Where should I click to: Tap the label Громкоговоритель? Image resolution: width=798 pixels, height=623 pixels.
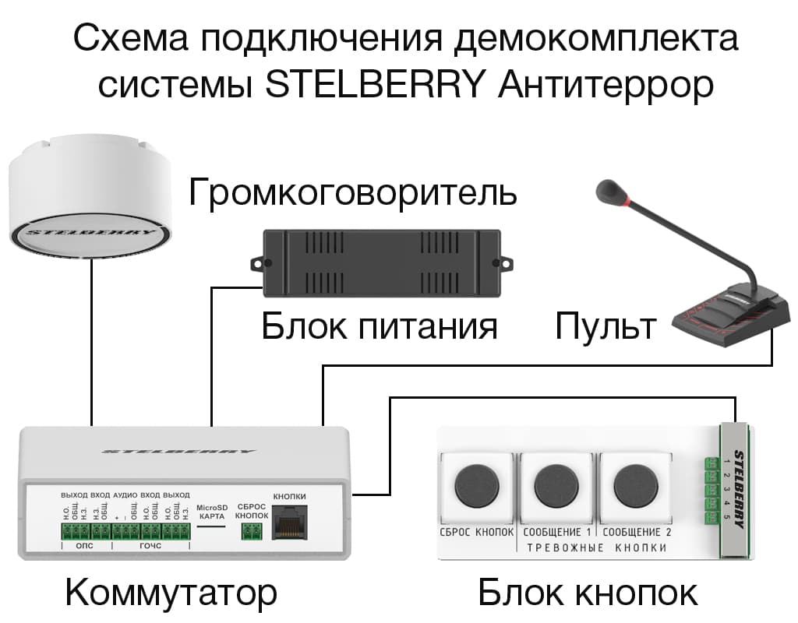352,192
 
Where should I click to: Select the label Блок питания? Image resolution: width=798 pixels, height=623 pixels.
380,326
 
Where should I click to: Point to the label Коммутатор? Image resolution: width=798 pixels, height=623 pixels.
171,593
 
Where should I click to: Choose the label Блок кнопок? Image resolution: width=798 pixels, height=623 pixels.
588,593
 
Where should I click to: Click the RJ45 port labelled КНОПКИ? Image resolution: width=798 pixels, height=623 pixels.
289,524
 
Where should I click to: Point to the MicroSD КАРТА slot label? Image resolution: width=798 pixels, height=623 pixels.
211,510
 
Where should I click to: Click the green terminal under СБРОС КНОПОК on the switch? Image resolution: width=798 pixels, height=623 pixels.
251,531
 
